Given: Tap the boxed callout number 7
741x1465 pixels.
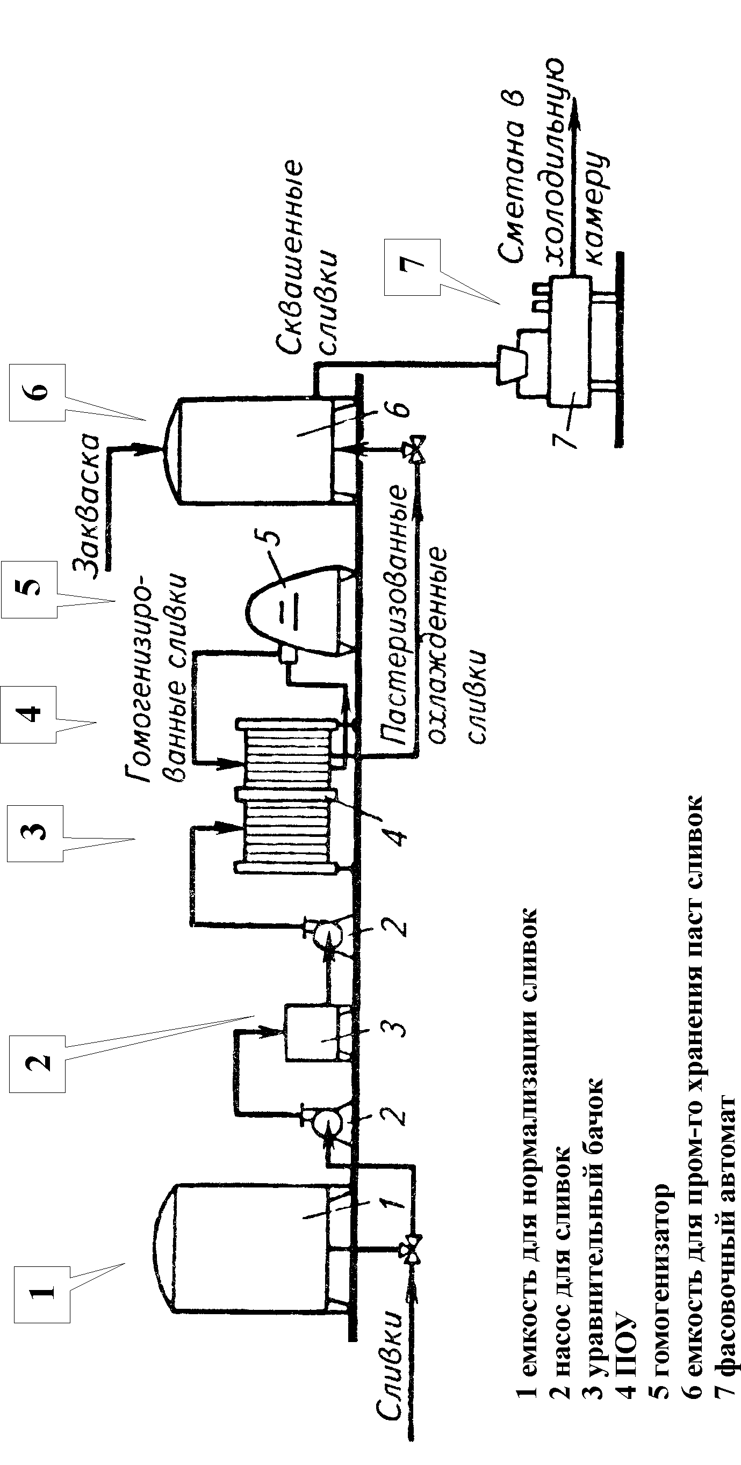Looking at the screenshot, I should pos(412,267).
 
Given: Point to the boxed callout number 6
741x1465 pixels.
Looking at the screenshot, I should pos(38,392).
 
